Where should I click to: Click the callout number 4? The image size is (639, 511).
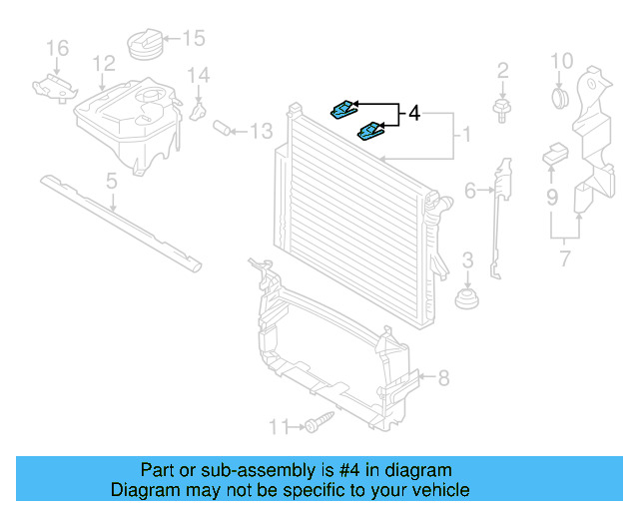414,116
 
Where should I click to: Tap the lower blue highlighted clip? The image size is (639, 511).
370,131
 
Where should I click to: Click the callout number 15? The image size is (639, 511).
193,39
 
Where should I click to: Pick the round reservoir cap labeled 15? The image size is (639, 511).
140,45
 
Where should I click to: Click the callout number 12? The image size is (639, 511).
104,64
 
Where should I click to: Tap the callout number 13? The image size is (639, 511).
261,131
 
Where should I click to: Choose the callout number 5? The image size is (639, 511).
112,181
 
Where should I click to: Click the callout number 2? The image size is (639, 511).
502,70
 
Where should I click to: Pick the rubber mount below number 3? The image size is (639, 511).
465,299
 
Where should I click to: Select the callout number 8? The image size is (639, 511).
444,377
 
